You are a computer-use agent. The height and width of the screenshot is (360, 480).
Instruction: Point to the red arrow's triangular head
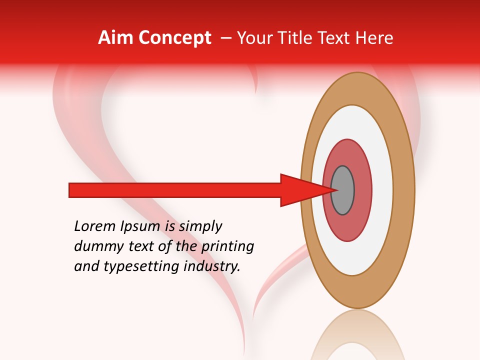[300, 190]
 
